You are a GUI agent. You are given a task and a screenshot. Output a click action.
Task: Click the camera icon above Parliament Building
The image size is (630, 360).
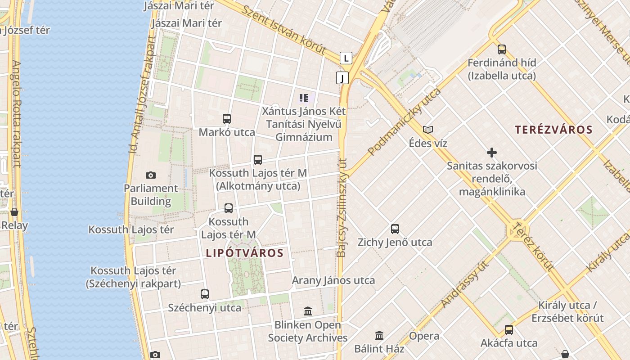(x=151, y=175)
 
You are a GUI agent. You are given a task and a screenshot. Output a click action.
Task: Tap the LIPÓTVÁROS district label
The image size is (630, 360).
(x=244, y=253)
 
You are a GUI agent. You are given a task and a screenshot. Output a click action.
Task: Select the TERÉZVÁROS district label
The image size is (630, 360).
(x=553, y=130)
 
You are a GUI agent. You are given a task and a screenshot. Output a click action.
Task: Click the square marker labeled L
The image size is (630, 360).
(x=346, y=58)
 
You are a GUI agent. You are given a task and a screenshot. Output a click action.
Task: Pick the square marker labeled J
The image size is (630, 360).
(x=342, y=78)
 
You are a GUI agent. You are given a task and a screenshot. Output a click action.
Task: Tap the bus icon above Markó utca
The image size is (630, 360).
(x=227, y=119)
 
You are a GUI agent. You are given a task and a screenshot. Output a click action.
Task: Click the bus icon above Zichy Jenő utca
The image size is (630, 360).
(x=395, y=229)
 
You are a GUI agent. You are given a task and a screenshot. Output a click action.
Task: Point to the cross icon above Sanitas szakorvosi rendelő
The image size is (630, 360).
(x=492, y=153)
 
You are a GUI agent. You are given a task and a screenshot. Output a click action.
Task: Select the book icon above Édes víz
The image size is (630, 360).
(x=427, y=130)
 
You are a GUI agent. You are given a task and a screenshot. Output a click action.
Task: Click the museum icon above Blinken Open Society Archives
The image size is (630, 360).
(x=308, y=311)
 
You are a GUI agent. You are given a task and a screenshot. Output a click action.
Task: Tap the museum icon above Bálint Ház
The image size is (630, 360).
(x=379, y=335)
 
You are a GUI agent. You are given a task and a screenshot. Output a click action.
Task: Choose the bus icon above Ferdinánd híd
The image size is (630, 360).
(x=502, y=49)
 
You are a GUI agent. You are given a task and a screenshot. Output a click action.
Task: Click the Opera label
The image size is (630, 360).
(x=424, y=336)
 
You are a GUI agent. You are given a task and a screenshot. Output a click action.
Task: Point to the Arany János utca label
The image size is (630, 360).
(x=333, y=280)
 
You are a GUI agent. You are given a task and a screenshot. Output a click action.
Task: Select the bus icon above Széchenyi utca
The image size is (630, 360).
(x=205, y=294)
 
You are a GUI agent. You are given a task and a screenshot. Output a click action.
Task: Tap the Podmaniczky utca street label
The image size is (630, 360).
(x=404, y=122)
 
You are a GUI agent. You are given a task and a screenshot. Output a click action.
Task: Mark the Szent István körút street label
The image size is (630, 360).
(x=283, y=31)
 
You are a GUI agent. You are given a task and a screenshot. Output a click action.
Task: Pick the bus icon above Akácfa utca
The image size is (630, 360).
(x=509, y=329)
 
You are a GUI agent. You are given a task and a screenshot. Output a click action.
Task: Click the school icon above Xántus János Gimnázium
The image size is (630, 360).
(x=304, y=98)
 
